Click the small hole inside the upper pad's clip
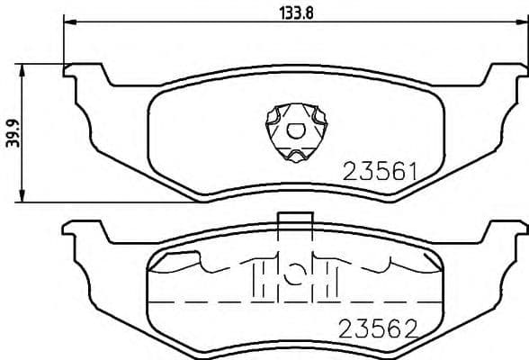coord(294,129)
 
